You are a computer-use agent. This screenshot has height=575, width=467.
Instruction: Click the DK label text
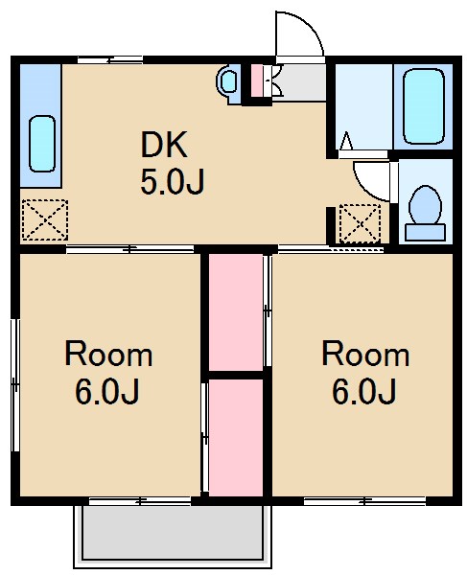coord(166,145)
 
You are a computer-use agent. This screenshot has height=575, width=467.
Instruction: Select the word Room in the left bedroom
coord(107,355)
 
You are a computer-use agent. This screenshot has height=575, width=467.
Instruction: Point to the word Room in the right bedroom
coord(364,355)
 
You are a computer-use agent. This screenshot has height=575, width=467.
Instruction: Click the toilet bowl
coord(423,206)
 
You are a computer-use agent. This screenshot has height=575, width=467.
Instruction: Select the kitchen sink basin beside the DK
coord(40,143)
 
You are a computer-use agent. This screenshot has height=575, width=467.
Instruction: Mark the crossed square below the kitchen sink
coord(43,219)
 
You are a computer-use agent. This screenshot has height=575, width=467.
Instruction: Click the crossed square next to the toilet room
coord(361,225)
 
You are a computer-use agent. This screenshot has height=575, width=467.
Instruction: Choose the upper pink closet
coord(235,310)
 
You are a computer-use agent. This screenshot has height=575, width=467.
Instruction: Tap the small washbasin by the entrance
coord(230,82)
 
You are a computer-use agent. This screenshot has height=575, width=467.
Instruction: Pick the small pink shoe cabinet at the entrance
coord(256,80)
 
